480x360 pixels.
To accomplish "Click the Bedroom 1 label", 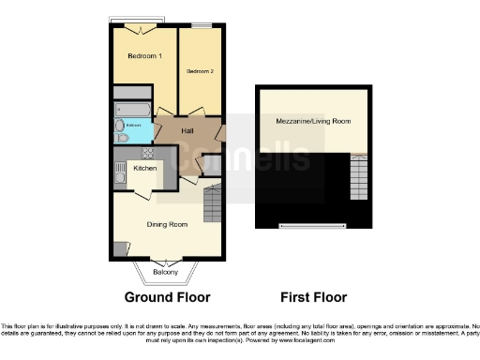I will tap(144, 56).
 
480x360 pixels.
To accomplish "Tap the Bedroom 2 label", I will tap(200, 71).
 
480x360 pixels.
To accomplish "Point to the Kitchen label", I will tap(144, 168).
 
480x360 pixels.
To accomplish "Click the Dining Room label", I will tap(166, 224).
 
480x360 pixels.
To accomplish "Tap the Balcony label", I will tap(165, 272).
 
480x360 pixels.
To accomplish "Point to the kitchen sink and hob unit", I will tap(119, 174).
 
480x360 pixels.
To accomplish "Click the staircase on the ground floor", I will tap(213, 202).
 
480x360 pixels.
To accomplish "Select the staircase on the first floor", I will tap(359, 176).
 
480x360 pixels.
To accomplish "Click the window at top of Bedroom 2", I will tap(200, 23).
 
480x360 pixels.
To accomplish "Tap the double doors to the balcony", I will tap(165, 261).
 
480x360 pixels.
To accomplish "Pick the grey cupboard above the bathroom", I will tap(130, 95).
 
